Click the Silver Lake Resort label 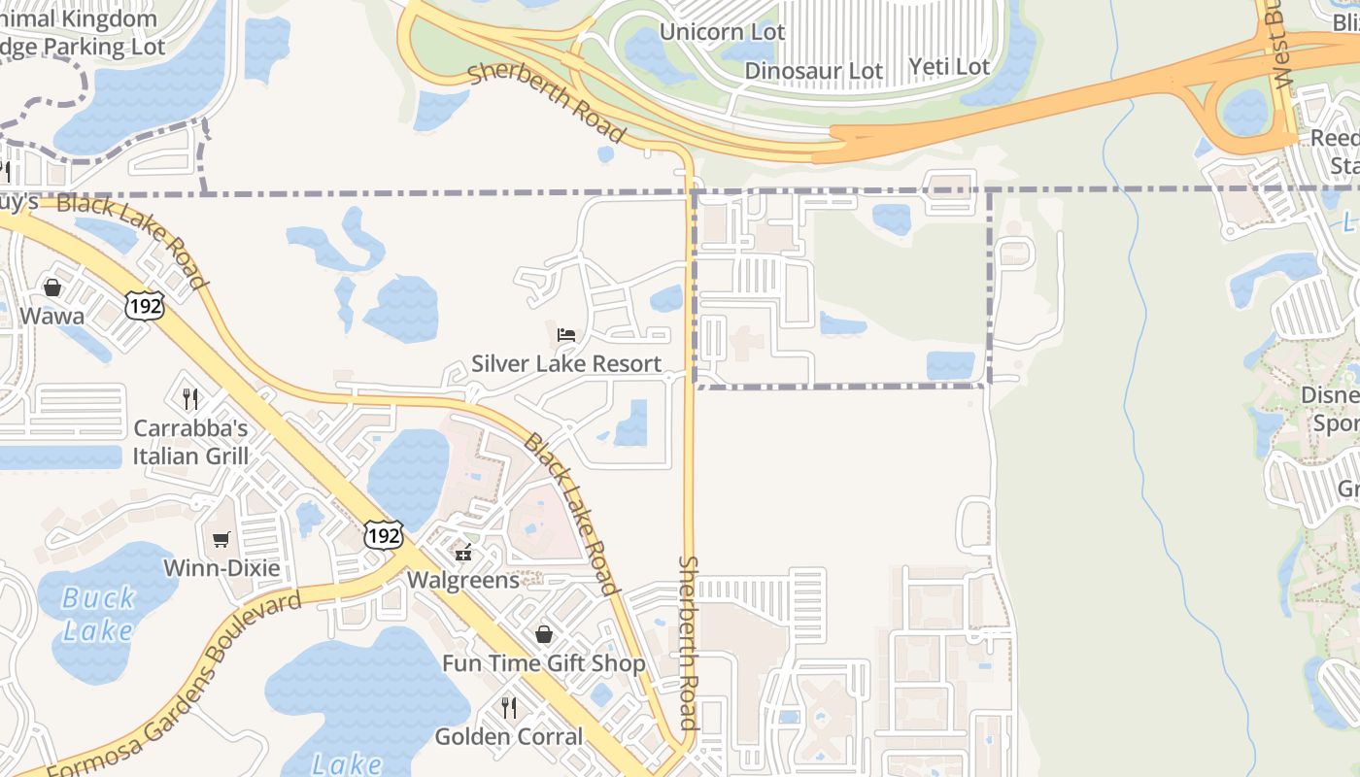(x=566, y=364)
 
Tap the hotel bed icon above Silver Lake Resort (x=566, y=335)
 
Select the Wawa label (x=51, y=316)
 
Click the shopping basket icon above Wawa (x=52, y=287)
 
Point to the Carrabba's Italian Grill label (x=190, y=442)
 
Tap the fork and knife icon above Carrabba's (x=190, y=398)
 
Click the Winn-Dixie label (x=221, y=568)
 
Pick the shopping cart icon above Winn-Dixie (x=221, y=539)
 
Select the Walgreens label (x=463, y=580)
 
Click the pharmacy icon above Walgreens (x=463, y=552)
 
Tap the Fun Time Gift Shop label (x=543, y=663)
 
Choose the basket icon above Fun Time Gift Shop (x=544, y=634)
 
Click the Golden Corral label (x=508, y=736)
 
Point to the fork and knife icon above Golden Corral (x=508, y=707)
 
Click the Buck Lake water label (x=97, y=614)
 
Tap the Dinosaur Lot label (x=814, y=71)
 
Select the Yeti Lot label (x=949, y=66)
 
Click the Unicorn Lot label (x=722, y=32)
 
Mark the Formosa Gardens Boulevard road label (x=175, y=685)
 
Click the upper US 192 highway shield (x=144, y=305)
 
